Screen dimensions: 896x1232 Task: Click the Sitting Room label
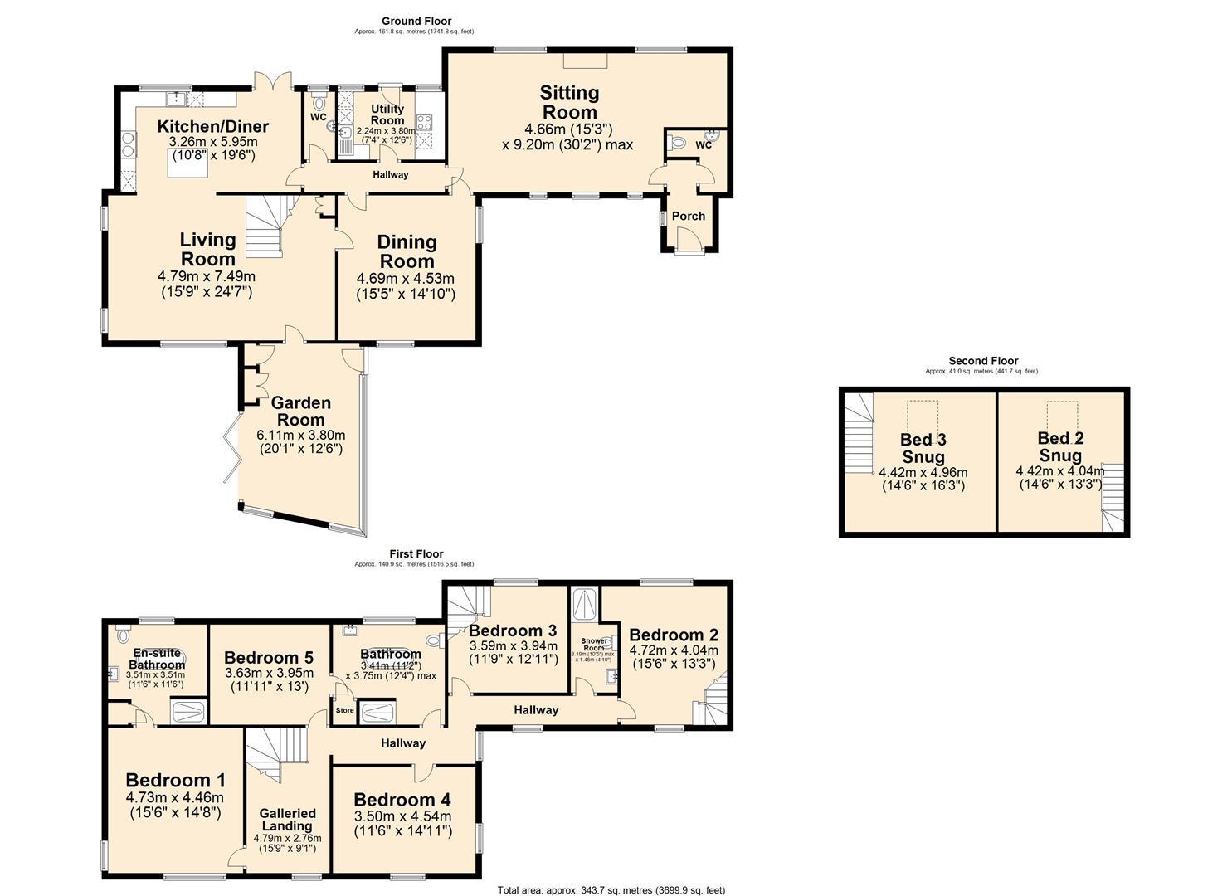(568, 103)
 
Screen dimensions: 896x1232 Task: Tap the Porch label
(688, 216)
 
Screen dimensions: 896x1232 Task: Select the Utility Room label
(387, 114)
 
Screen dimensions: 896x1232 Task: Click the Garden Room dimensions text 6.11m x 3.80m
(300, 435)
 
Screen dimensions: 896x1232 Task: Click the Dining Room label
(407, 251)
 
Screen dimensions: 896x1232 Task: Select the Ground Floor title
(416, 21)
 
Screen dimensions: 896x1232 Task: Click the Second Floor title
(983, 361)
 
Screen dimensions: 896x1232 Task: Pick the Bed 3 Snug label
(923, 448)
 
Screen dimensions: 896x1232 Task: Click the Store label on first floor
(344, 711)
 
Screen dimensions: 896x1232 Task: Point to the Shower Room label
(593, 645)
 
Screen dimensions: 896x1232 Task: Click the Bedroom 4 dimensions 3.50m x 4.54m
(402, 816)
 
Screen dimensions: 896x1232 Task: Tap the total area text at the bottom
(611, 890)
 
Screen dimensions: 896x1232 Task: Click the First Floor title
(416, 553)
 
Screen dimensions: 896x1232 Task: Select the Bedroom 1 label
(175, 780)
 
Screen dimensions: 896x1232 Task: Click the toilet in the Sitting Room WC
(678, 144)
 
